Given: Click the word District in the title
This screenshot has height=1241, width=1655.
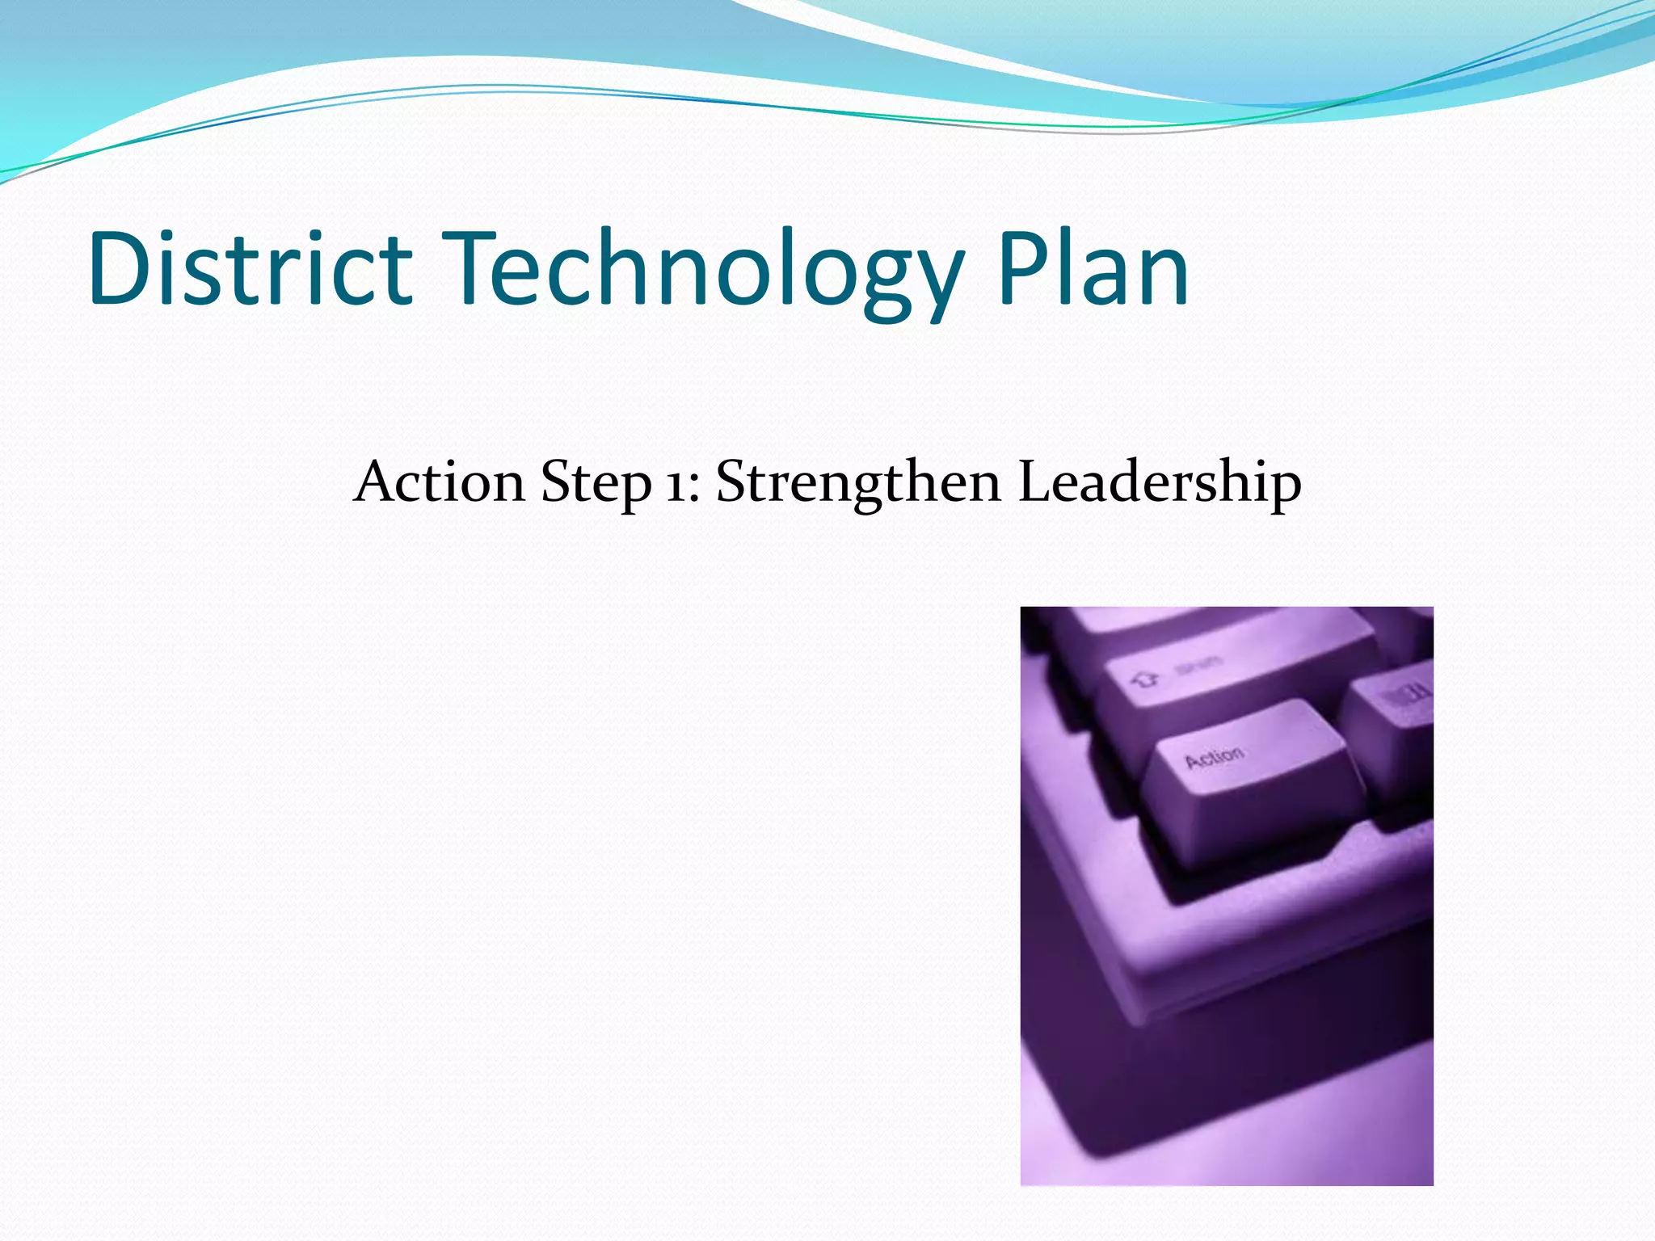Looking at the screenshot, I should [x=251, y=268].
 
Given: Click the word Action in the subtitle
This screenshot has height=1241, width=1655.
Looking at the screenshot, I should [x=440, y=482].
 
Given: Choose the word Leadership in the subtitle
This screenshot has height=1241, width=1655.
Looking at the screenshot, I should [x=1160, y=483].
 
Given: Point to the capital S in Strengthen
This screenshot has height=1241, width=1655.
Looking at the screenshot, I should [x=731, y=482].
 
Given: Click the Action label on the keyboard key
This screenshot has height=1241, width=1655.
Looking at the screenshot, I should [x=1215, y=758].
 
